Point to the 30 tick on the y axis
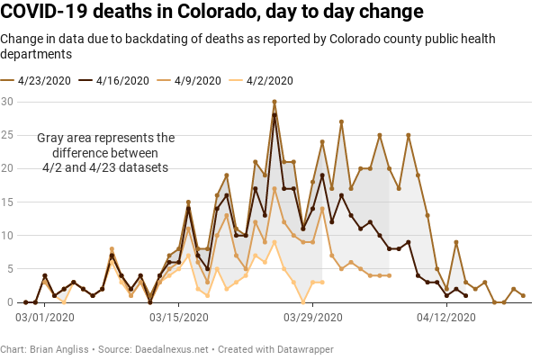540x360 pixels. pos(7,101)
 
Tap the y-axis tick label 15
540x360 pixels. pos(7,202)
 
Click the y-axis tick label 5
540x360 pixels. pos(10,268)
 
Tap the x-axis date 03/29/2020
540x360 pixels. pos(312,318)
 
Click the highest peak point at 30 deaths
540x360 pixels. pos(274,102)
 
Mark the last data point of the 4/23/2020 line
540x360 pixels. pos(523,295)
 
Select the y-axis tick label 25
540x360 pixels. pos(7,134)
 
